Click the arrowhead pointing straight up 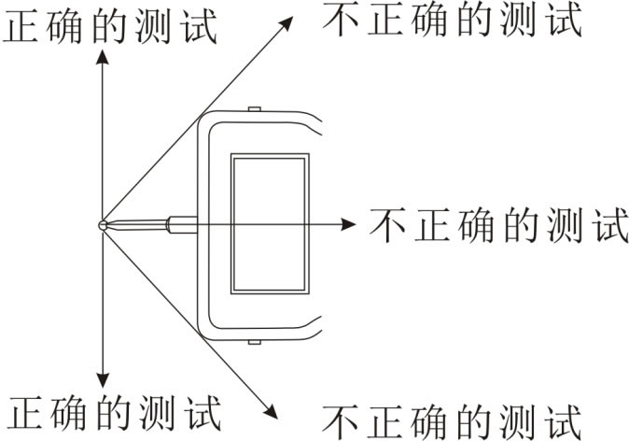pos(103,57)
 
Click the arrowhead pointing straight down pos(103,380)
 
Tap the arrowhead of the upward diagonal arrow pos(286,23)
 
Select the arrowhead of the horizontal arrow pos(348,224)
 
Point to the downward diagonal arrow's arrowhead pos(271,411)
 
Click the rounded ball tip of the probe pos(103,225)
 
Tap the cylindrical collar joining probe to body pos(183,224)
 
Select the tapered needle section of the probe pos(137,225)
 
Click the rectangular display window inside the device pos(270,223)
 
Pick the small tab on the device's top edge pos(255,108)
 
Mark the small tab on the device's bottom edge pos(255,342)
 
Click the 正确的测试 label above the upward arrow pos(111,26)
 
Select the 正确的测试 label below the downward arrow pos(115,413)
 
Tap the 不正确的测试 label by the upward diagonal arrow pos(452,20)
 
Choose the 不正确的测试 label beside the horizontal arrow pos(498,225)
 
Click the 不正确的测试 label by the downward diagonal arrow pos(452,422)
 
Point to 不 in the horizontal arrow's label pos(386,225)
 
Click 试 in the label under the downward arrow pos(203,413)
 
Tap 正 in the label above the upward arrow pos(21,26)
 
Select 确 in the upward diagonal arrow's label pos(429,20)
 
